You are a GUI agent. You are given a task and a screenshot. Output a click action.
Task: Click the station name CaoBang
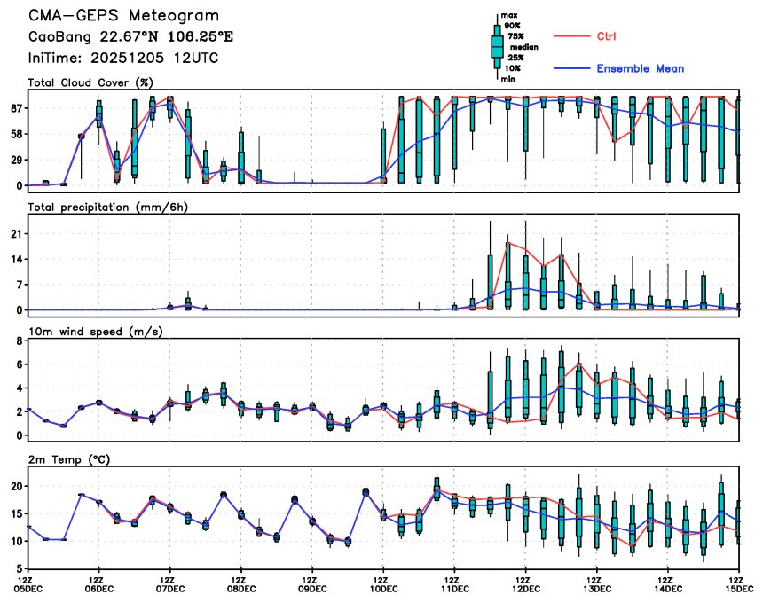click(x=59, y=37)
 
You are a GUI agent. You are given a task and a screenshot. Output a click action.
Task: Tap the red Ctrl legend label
click(x=607, y=36)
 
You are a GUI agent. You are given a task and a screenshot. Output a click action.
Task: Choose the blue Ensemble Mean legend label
click(x=640, y=68)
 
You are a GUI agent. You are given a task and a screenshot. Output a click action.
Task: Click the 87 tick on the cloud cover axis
click(x=15, y=108)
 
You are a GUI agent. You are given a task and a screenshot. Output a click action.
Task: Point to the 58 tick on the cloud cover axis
click(x=15, y=134)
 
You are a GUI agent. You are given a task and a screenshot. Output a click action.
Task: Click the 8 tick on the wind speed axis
click(x=19, y=364)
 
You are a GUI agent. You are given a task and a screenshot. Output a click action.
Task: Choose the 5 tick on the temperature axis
click(x=19, y=568)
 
